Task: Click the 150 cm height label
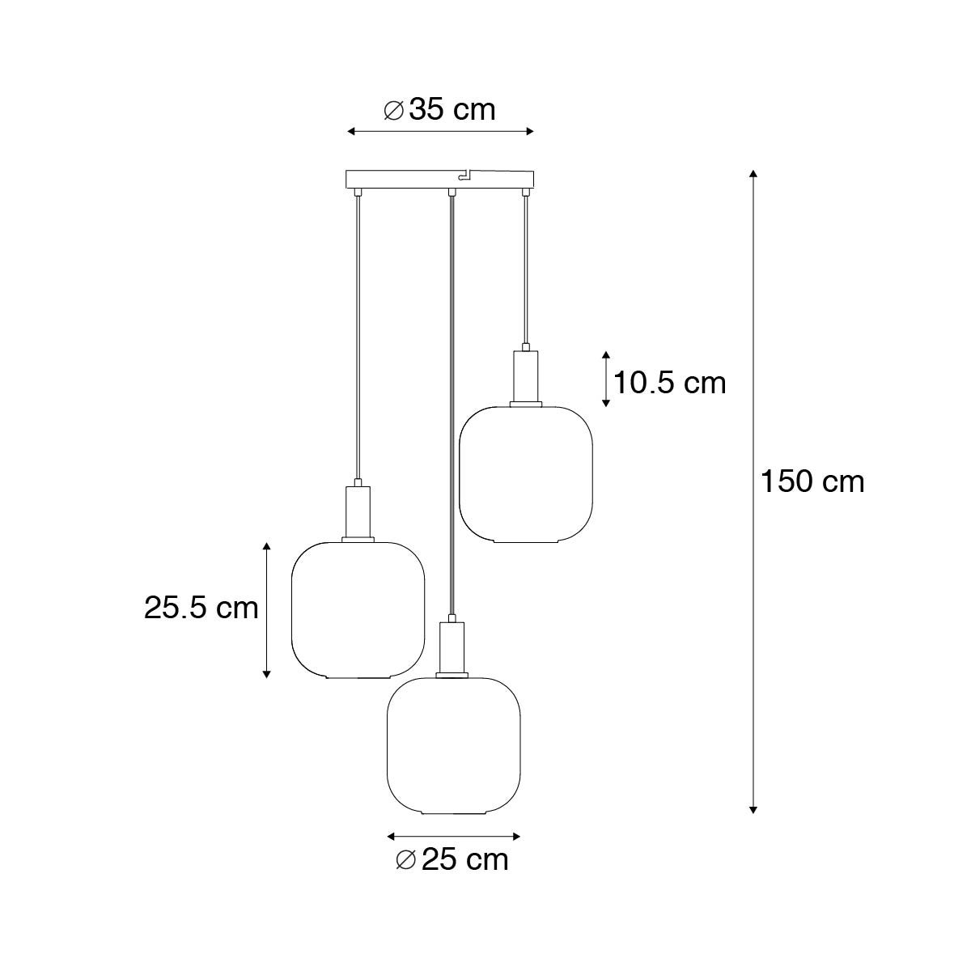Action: (x=812, y=482)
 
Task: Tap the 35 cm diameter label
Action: (x=440, y=109)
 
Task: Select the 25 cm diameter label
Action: (x=453, y=859)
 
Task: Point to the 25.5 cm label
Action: (x=201, y=607)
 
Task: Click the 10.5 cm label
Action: (x=669, y=382)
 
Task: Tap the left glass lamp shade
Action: (x=358, y=608)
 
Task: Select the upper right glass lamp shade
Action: (x=526, y=474)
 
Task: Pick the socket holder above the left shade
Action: (x=358, y=511)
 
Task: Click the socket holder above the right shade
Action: (x=526, y=376)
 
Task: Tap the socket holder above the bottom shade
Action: (x=452, y=646)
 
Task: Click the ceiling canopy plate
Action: (x=440, y=178)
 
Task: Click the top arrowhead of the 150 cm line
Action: (x=753, y=174)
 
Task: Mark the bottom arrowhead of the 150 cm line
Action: (x=753, y=808)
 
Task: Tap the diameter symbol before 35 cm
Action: (x=394, y=110)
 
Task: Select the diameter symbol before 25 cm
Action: (x=407, y=860)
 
